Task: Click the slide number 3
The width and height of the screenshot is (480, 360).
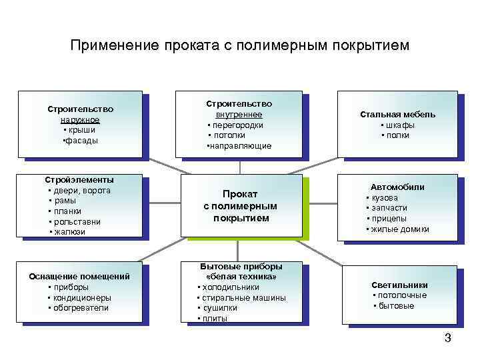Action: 448,338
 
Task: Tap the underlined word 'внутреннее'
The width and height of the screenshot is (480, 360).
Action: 239,115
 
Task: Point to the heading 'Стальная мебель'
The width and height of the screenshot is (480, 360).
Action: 398,114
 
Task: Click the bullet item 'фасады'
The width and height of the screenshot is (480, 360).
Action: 81,141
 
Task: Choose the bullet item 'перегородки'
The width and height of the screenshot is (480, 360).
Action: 238,125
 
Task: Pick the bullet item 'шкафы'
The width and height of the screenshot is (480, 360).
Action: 399,125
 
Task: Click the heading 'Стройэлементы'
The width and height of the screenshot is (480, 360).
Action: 79,179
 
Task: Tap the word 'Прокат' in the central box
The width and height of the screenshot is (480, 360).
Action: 240,193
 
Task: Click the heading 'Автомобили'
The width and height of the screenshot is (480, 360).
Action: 397,187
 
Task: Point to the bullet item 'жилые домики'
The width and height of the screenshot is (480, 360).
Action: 400,229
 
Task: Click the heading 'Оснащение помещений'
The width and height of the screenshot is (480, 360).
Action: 80,276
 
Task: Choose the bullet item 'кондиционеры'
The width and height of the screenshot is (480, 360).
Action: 83,297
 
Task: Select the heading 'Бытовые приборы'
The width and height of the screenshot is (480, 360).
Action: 241,266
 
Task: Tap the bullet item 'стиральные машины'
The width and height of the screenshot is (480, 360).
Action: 245,297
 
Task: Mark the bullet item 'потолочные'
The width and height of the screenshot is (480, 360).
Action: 402,295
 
